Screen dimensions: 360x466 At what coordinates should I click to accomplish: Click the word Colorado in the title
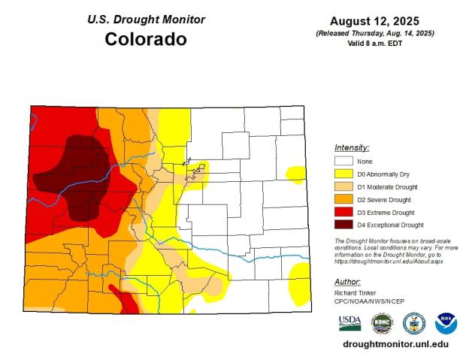[x=145, y=39]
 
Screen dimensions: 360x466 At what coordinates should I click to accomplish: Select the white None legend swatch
[x=343, y=161]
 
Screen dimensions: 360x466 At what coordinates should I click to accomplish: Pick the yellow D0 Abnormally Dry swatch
[x=343, y=174]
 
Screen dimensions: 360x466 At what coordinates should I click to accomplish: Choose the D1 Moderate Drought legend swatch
[x=343, y=186]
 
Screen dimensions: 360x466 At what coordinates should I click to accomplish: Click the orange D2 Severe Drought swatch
[x=343, y=199]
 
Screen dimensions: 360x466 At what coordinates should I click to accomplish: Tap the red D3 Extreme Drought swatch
[x=343, y=212]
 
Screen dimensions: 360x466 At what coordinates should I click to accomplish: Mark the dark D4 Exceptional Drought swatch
[x=343, y=225]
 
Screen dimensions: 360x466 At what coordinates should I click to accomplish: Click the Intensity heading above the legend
[x=352, y=147]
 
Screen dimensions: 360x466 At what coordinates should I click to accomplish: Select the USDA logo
[x=349, y=323]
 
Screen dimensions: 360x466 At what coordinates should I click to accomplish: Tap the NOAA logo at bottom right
[x=446, y=323]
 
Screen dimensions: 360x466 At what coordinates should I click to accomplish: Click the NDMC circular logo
[x=382, y=323]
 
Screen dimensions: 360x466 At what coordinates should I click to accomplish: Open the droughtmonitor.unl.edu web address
[x=395, y=343]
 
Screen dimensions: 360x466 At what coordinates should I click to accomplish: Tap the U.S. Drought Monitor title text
[x=145, y=19]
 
